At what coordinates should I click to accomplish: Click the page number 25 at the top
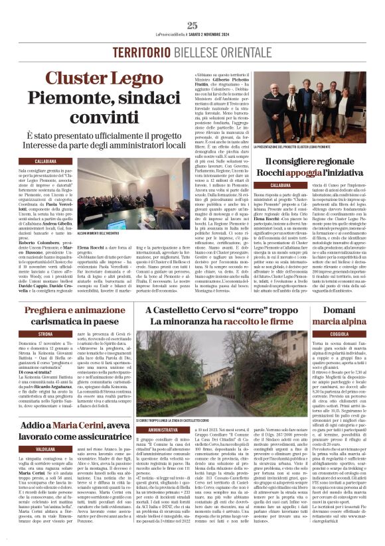pyautogui.click(x=193, y=25)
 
